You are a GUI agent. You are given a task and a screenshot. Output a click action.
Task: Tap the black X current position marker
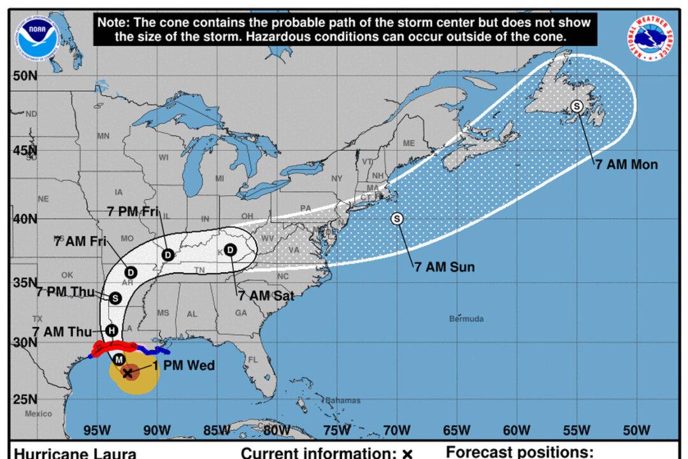click(x=127, y=373)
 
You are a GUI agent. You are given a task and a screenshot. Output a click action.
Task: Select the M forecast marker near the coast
click(x=119, y=360)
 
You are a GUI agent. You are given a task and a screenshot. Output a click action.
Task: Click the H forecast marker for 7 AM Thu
click(x=111, y=330)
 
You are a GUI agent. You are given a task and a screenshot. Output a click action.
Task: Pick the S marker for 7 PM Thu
click(x=115, y=297)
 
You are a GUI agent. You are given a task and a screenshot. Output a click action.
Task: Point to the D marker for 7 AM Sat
click(x=230, y=249)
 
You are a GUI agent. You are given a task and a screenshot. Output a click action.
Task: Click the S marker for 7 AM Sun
click(x=397, y=219)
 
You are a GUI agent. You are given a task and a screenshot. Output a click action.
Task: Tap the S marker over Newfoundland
click(x=577, y=106)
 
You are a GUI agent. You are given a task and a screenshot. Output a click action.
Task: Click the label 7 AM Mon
click(x=626, y=164)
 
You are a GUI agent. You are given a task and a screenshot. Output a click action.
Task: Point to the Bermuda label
click(x=466, y=318)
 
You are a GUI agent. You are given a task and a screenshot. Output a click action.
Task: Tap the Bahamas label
click(x=342, y=400)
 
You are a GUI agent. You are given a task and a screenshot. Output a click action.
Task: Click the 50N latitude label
click(x=23, y=76)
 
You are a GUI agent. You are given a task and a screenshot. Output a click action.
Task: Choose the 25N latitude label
click(x=23, y=400)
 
